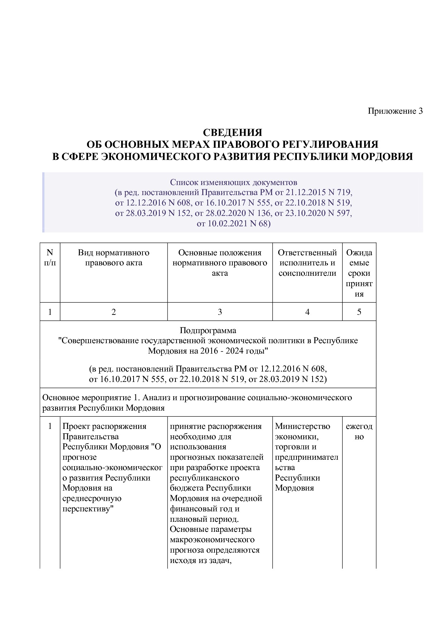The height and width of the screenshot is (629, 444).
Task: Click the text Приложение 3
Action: (395, 111)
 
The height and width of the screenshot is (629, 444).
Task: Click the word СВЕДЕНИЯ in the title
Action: (232, 132)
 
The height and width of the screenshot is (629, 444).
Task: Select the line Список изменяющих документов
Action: (233, 182)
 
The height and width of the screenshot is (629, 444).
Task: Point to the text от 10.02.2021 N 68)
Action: (233, 224)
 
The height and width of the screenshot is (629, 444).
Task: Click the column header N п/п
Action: (50, 257)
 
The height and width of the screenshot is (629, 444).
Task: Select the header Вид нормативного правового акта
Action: (114, 257)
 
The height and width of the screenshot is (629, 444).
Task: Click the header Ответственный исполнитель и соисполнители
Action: (307, 263)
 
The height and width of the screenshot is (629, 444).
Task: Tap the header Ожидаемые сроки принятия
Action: (359, 273)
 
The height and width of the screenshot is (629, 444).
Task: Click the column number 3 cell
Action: (220, 312)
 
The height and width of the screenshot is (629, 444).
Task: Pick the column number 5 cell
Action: (359, 312)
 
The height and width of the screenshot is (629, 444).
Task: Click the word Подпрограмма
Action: (208, 330)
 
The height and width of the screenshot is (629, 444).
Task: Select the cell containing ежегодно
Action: (359, 431)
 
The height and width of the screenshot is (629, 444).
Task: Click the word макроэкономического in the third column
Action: (212, 540)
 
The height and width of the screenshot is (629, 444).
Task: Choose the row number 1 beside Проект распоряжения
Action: (50, 426)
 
